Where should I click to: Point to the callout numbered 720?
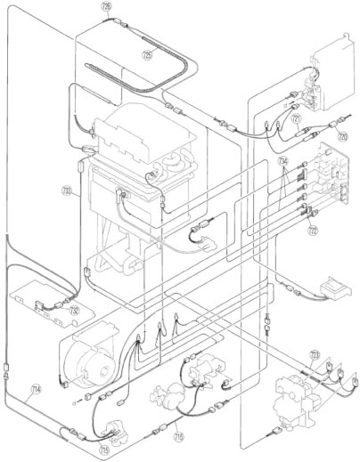pyautogui.click(x=340, y=138)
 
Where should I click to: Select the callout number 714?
pyautogui.click(x=36, y=388)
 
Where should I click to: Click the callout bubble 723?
pyautogui.click(x=314, y=354)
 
